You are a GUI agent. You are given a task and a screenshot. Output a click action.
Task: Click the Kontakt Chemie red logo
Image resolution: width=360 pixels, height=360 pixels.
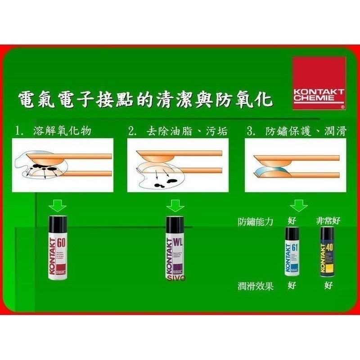[319, 83]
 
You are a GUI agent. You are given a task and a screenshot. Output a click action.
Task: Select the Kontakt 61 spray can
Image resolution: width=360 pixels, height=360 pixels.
[292, 252]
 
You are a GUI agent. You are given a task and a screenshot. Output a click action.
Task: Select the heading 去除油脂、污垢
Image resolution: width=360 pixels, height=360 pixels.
[186, 131]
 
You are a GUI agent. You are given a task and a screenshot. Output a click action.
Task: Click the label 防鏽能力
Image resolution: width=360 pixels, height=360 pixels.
[256, 221]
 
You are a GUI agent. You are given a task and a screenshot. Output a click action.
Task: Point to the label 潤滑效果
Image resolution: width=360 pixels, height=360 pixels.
[256, 286]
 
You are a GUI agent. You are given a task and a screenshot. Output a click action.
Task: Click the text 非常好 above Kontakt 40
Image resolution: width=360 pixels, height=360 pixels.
[328, 221]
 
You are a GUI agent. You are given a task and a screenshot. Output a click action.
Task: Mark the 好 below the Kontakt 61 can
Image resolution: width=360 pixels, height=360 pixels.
[292, 286]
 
